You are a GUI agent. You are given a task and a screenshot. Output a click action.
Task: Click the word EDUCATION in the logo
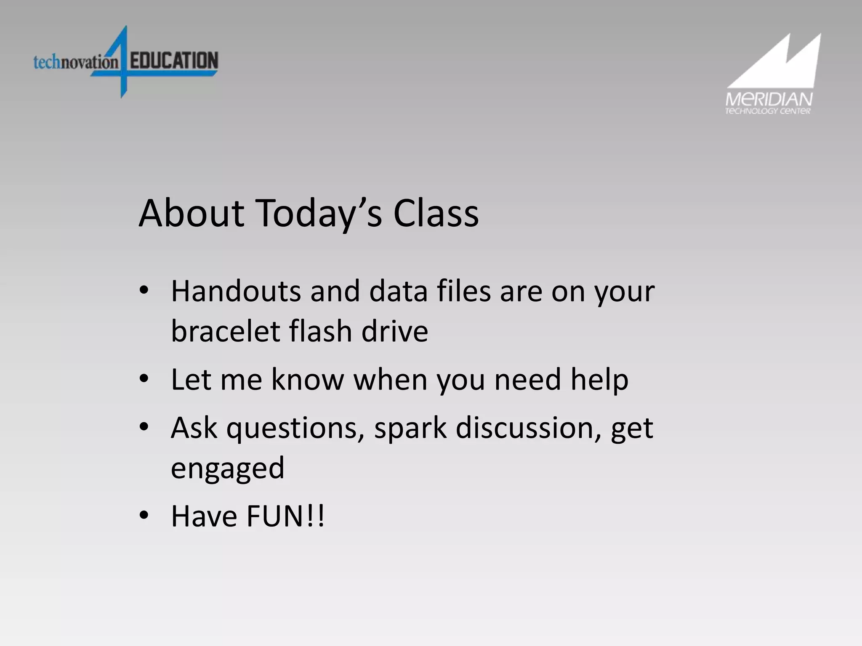click(174, 61)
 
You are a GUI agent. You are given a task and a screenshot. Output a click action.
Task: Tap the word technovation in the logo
click(76, 62)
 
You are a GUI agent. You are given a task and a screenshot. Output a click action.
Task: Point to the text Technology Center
click(767, 111)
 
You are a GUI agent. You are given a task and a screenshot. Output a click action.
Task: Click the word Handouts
click(236, 291)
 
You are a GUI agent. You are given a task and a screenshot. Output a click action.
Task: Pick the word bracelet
click(225, 331)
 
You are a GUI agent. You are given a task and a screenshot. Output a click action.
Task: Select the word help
click(599, 380)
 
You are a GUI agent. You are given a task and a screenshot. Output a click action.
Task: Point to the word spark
click(410, 428)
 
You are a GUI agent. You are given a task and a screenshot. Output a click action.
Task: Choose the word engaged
click(227, 468)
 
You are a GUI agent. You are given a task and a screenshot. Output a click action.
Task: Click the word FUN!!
click(285, 516)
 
